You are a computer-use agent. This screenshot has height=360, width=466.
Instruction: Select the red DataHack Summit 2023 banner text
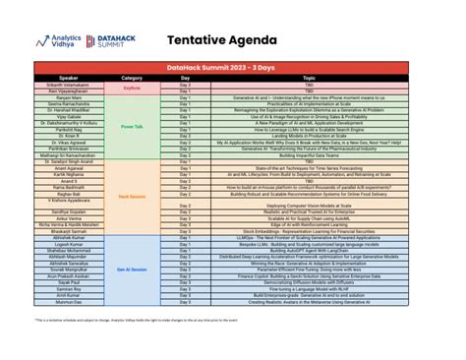[233, 69]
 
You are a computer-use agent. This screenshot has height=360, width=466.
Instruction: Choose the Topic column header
[309, 77]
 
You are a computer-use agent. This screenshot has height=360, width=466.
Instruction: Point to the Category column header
[132, 77]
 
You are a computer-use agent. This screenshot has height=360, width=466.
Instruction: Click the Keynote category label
[132, 88]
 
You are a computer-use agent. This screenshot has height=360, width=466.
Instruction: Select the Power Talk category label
[132, 127]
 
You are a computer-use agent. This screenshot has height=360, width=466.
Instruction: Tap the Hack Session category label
[132, 197]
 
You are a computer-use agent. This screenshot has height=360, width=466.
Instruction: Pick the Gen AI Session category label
[132, 269]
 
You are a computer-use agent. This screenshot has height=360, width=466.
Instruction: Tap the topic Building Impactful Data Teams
[309, 154]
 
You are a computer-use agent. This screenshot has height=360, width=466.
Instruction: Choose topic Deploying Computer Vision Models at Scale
[309, 205]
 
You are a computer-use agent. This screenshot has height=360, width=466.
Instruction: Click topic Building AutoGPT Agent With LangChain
[309, 250]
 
